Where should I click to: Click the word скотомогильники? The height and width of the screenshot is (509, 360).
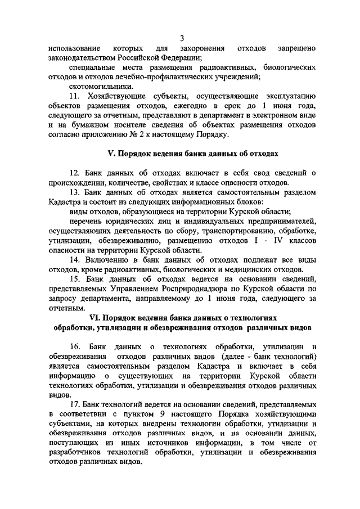click(x=96, y=87)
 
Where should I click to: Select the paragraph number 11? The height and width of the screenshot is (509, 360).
click(x=75, y=97)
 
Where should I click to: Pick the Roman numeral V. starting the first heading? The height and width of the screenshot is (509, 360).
click(x=110, y=154)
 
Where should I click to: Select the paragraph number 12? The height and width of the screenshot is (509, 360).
click(x=75, y=173)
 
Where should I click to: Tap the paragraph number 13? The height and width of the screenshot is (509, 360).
click(x=75, y=192)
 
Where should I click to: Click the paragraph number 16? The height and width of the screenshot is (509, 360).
click(x=75, y=346)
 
